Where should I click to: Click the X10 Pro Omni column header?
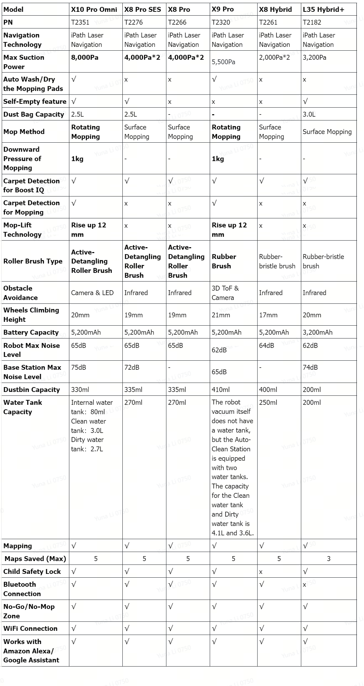click(x=94, y=9)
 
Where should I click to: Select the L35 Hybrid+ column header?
click(x=323, y=9)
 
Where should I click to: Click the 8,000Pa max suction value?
click(x=85, y=57)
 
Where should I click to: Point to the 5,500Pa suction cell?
click(x=224, y=62)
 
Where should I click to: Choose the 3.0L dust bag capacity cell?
click(x=309, y=114)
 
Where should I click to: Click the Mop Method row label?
click(x=24, y=132)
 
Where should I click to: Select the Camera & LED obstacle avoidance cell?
click(x=92, y=293)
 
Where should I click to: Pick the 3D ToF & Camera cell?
click(x=225, y=293)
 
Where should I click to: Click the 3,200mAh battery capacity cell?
click(x=318, y=332)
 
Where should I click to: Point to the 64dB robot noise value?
click(x=267, y=345)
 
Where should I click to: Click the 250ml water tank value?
click(x=268, y=402)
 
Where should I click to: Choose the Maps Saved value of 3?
click(x=329, y=559)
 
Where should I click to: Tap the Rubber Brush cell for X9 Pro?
click(x=224, y=261)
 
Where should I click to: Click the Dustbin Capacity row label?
click(x=32, y=390)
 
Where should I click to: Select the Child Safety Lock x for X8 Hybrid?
click(x=261, y=572)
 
